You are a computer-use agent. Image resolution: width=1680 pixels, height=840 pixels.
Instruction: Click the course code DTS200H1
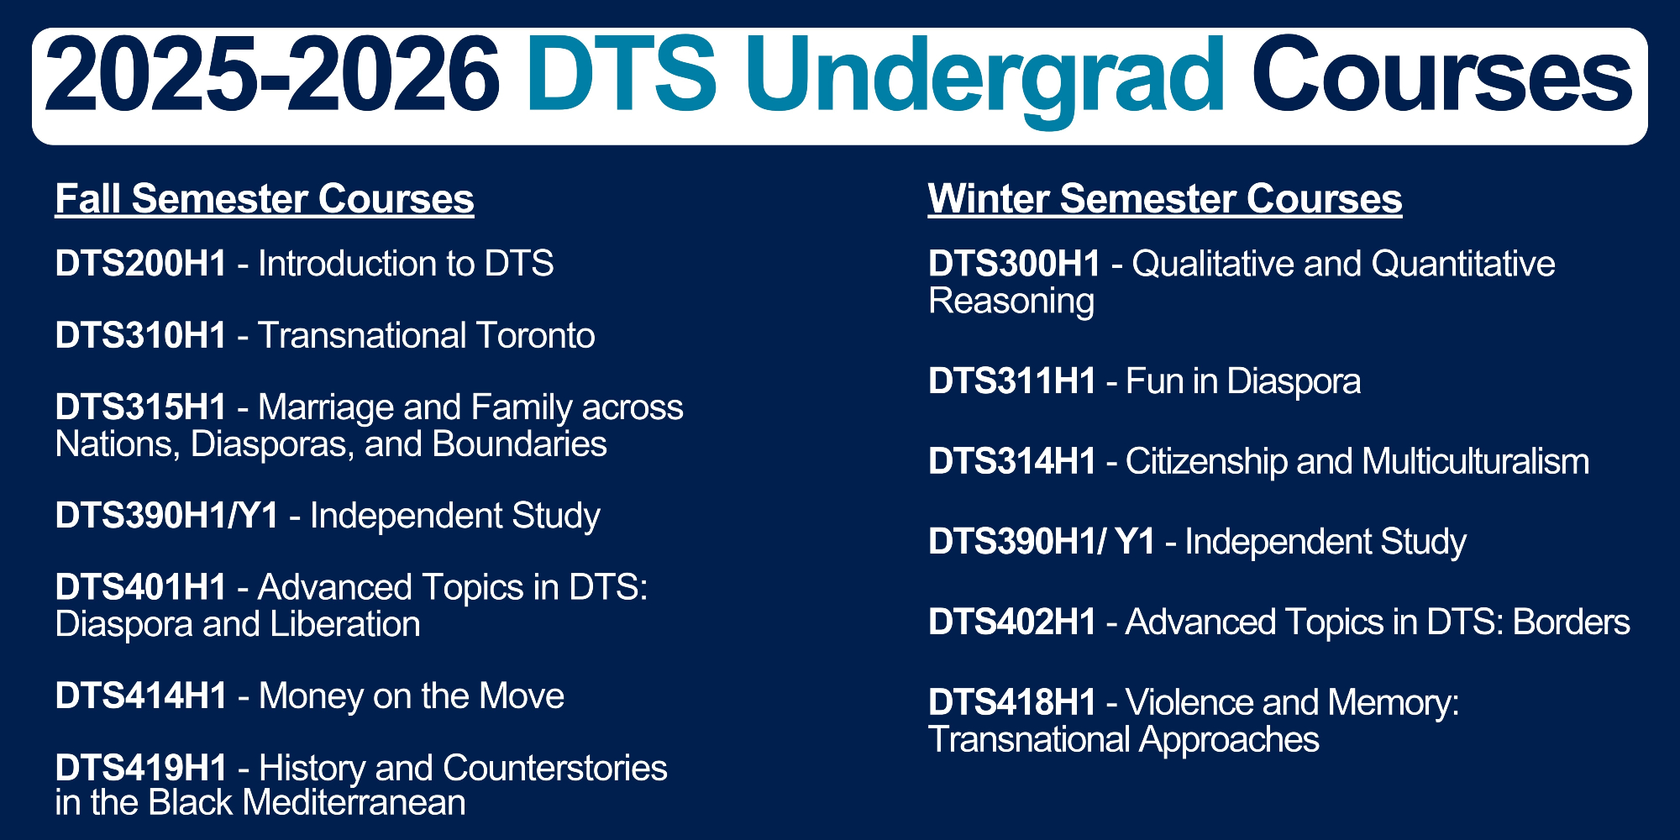point(141,264)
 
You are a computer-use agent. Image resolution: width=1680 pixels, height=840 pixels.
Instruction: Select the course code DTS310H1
point(141,335)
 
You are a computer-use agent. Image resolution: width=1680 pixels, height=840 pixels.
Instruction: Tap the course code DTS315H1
point(141,407)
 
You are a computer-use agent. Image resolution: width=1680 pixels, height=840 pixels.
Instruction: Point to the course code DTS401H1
point(141,587)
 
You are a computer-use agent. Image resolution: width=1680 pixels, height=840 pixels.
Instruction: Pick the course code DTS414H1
point(141,696)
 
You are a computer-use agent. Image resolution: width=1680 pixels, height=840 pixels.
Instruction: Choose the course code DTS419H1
point(141,769)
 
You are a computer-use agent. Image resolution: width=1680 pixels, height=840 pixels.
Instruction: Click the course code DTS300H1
point(1015,264)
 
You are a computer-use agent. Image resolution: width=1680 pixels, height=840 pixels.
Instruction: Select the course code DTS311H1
point(1012,381)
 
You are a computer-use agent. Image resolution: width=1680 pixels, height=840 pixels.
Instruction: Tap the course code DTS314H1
point(1012,462)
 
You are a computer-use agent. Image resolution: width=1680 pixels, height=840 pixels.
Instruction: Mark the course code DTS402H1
point(1012,622)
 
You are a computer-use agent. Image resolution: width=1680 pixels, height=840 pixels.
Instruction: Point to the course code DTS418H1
point(1012,702)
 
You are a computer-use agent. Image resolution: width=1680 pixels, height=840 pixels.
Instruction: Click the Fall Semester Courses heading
point(265,200)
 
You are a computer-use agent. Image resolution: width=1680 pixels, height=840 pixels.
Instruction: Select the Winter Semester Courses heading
point(1165,200)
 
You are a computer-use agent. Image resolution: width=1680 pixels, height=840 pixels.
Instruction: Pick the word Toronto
point(536,335)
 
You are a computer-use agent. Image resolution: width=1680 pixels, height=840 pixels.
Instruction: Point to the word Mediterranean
point(354,803)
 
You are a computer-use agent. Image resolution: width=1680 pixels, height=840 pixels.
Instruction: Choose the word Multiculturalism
point(1476,462)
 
